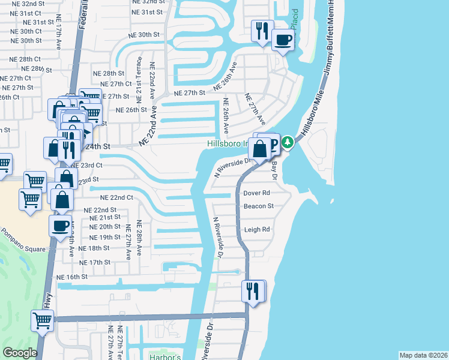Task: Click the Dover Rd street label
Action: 257,193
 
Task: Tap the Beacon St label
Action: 259,206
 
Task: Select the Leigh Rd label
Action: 257,229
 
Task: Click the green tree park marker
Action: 288,142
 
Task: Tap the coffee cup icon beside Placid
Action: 282,40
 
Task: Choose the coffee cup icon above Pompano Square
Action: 60,226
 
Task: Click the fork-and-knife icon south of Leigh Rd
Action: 253,291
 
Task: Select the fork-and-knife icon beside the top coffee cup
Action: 262,31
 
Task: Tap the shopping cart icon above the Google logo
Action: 43,321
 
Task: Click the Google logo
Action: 20,353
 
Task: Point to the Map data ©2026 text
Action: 424,355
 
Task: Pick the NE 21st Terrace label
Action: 139,78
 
